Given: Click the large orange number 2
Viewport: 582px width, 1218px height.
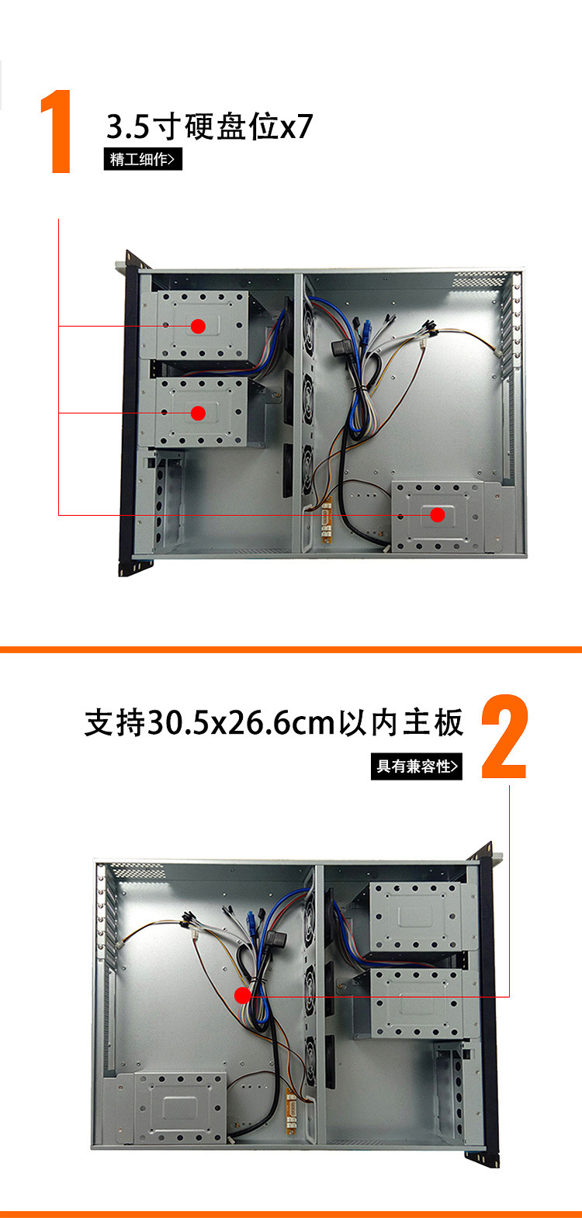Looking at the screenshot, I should click(x=505, y=738).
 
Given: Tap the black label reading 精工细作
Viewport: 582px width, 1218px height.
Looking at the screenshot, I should click(x=143, y=159).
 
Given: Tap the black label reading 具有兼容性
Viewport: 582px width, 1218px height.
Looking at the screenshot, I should click(x=417, y=766).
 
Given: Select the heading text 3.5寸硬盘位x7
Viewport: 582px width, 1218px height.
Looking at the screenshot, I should click(x=210, y=126).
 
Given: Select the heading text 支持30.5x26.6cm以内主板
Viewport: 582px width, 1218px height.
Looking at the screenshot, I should click(x=274, y=722).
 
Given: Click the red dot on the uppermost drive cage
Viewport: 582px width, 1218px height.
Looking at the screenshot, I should click(x=199, y=326).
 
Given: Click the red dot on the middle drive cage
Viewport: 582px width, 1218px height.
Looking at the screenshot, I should click(x=199, y=413).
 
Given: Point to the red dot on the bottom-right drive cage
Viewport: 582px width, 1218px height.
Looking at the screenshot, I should click(x=438, y=514).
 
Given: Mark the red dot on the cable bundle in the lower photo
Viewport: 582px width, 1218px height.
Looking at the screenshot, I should click(x=242, y=995).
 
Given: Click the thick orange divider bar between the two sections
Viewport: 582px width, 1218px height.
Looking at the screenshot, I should click(x=291, y=649).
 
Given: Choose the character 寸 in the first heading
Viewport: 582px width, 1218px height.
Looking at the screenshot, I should click(x=168, y=126).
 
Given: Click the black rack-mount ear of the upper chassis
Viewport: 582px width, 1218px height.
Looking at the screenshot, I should click(x=127, y=411).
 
